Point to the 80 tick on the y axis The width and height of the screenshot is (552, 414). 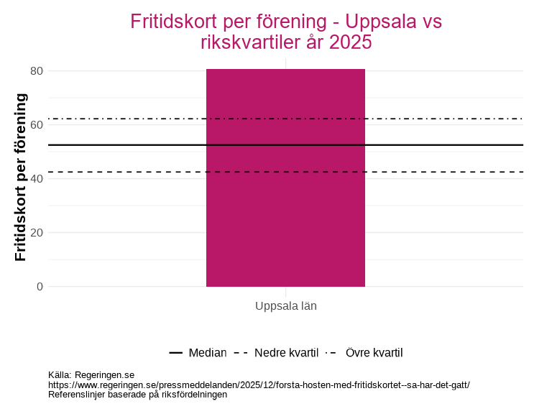click(x=36, y=70)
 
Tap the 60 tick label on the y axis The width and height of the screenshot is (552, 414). click(x=36, y=124)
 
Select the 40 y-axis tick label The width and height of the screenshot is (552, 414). click(x=36, y=178)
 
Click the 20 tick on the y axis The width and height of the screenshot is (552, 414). click(x=36, y=233)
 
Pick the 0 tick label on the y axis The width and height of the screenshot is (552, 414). click(x=40, y=287)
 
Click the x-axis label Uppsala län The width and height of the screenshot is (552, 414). click(x=285, y=305)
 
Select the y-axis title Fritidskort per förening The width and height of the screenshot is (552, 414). click(x=21, y=178)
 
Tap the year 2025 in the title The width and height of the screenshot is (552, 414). click(x=350, y=42)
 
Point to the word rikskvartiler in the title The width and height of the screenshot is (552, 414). click(x=247, y=42)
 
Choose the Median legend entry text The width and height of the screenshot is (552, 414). click(x=207, y=353)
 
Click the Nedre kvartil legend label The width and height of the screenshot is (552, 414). click(x=286, y=353)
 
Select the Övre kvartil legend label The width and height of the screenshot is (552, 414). click(x=374, y=353)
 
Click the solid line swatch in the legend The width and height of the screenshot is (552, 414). click(x=176, y=353)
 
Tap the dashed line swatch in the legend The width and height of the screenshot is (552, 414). click(x=241, y=353)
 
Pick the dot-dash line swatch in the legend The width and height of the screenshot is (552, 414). click(x=331, y=353)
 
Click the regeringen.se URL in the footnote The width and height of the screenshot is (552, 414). click(x=259, y=385)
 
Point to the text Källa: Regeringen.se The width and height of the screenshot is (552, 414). click(x=91, y=374)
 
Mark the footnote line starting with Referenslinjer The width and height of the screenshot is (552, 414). click(x=137, y=394)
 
